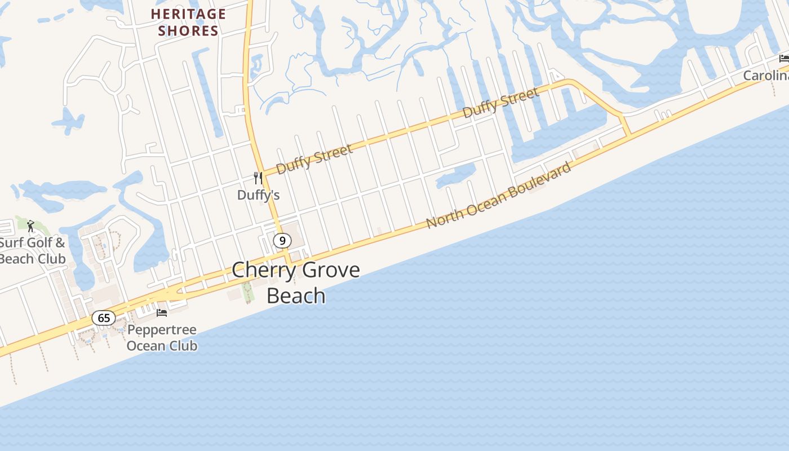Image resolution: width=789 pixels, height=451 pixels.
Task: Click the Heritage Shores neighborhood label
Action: [x=188, y=23]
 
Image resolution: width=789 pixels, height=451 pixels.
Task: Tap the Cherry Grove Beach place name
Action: [x=296, y=282]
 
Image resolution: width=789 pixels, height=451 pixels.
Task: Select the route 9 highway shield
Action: [x=282, y=241]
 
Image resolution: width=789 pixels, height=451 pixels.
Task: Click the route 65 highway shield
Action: [x=104, y=318]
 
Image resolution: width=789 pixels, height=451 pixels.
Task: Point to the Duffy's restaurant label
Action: [x=258, y=195]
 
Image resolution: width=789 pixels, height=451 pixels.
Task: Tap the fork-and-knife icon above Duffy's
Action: [x=258, y=178]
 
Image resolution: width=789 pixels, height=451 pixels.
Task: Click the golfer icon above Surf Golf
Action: [x=30, y=226]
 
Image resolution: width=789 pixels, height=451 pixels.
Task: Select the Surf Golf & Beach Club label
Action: [x=33, y=251]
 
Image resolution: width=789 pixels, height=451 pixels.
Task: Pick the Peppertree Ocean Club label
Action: [x=162, y=338]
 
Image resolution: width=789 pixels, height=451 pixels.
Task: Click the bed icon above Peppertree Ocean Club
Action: [x=162, y=312]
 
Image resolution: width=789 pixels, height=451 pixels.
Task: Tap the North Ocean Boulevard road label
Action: [x=499, y=195]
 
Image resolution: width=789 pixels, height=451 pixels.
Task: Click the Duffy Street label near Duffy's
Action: [x=314, y=159]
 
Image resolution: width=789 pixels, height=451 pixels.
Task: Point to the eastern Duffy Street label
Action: [x=500, y=103]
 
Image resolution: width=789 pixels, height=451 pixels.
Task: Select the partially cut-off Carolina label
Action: [x=765, y=76]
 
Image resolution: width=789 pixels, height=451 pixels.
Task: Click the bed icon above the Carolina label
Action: [x=784, y=58]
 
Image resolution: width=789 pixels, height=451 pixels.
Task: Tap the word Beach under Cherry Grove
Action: [x=296, y=296]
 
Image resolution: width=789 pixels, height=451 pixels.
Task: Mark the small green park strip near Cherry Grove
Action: [x=247, y=291]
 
